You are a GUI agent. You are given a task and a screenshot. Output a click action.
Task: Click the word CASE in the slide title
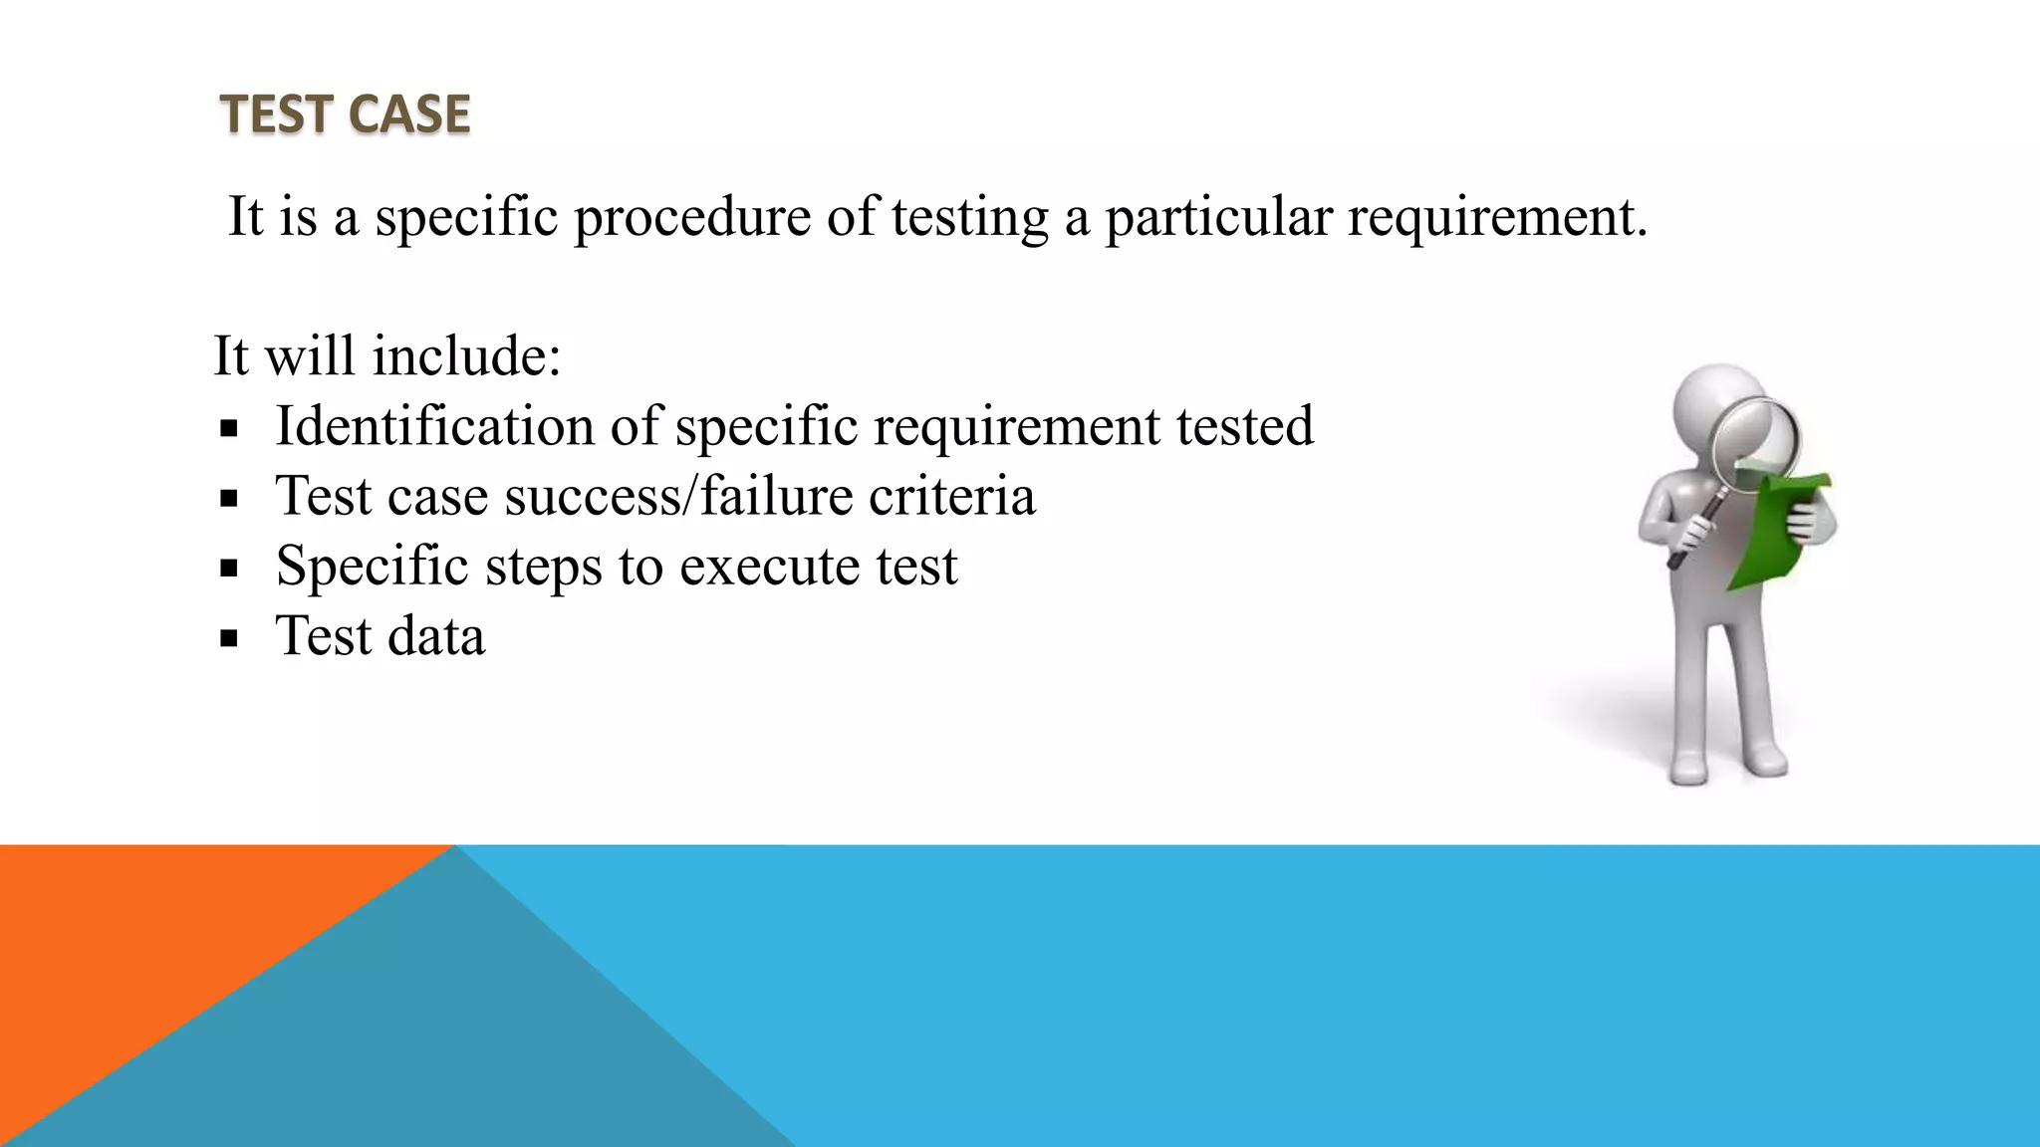[x=409, y=114]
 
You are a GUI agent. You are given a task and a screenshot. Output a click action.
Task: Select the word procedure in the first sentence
[x=692, y=216]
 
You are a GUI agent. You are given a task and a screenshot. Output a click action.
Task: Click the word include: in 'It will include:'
[x=466, y=355]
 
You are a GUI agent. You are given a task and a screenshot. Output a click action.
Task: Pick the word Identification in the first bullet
[x=434, y=425]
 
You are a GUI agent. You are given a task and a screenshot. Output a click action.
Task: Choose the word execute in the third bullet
[x=770, y=566]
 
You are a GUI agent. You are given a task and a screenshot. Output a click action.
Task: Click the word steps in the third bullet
[x=543, y=568]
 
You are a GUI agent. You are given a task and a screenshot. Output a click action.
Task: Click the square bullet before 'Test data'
[x=230, y=638]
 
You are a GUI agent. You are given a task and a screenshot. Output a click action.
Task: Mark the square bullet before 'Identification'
[x=230, y=429]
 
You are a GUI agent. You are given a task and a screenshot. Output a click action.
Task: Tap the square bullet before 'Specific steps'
[x=230, y=569]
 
